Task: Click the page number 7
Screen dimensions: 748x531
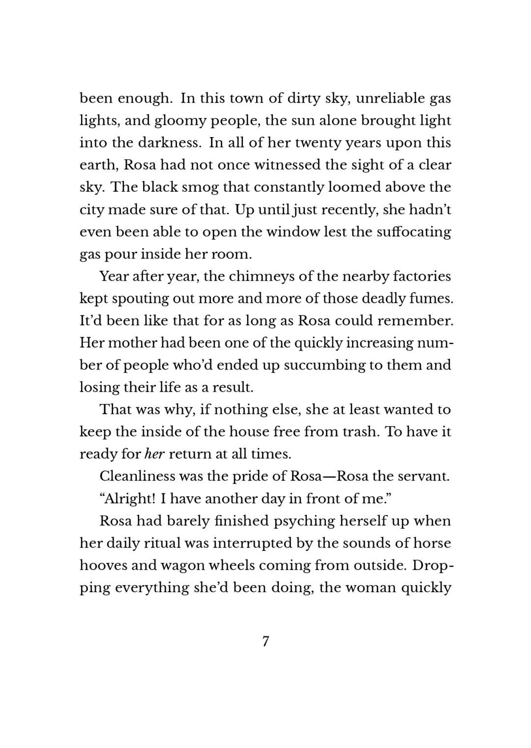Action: click(265, 641)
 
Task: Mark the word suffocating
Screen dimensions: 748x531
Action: click(414, 232)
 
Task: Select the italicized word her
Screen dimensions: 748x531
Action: click(154, 454)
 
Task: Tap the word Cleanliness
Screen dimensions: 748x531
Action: click(137, 476)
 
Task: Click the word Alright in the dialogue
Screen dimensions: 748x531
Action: click(126, 499)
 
